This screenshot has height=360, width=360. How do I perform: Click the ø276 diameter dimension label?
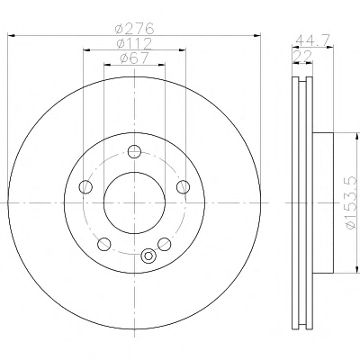point(134,28)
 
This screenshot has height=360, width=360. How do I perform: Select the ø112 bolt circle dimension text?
point(134,43)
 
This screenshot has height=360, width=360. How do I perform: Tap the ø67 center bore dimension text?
point(134,58)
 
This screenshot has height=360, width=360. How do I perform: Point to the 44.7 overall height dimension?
point(313,40)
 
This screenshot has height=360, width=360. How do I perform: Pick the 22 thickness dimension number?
point(302,56)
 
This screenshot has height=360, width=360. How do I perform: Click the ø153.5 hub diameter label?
point(352,202)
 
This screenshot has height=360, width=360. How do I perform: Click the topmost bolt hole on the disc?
point(134,151)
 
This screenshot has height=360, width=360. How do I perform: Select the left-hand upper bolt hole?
point(85,187)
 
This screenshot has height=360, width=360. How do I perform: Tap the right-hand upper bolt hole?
point(183,187)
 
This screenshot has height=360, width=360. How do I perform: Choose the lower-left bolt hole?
point(104,244)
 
